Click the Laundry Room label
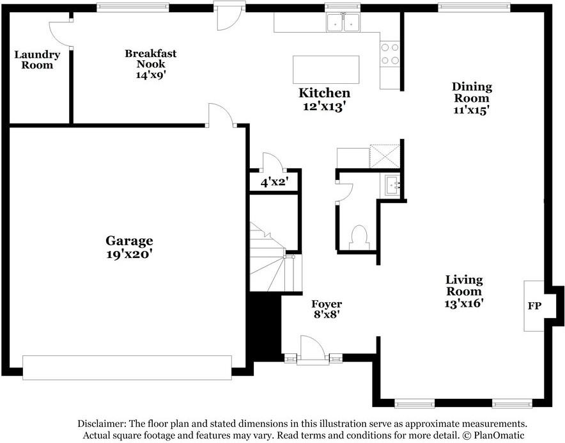[x=37, y=60]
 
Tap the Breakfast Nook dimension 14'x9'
[x=150, y=74]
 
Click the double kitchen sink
[x=343, y=23]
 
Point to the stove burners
[x=390, y=54]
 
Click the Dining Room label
[x=472, y=92]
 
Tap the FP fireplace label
[x=534, y=306]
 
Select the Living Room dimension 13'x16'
[x=463, y=303]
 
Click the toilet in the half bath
[x=359, y=236]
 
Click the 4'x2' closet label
[x=274, y=182]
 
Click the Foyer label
[x=326, y=303]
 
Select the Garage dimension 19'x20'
[x=129, y=254]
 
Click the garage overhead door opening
[x=127, y=368]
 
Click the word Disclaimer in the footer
[x=102, y=424]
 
